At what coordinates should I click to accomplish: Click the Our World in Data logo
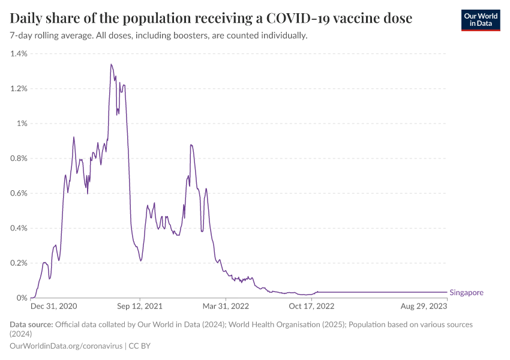480,20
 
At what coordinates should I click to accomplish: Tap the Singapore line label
466,293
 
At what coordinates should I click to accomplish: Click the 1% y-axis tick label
22,124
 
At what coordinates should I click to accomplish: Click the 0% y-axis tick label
22,298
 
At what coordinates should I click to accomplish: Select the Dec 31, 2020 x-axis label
54,306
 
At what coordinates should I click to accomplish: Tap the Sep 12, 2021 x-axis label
140,306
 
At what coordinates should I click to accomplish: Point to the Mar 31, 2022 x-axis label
226,306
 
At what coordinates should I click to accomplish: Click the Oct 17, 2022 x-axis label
311,306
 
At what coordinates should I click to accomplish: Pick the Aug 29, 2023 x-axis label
424,306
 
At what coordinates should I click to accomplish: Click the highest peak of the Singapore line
111,64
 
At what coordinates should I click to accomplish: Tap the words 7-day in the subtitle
22,36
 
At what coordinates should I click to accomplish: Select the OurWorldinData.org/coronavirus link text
66,346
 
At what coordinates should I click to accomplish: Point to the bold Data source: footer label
31,325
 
